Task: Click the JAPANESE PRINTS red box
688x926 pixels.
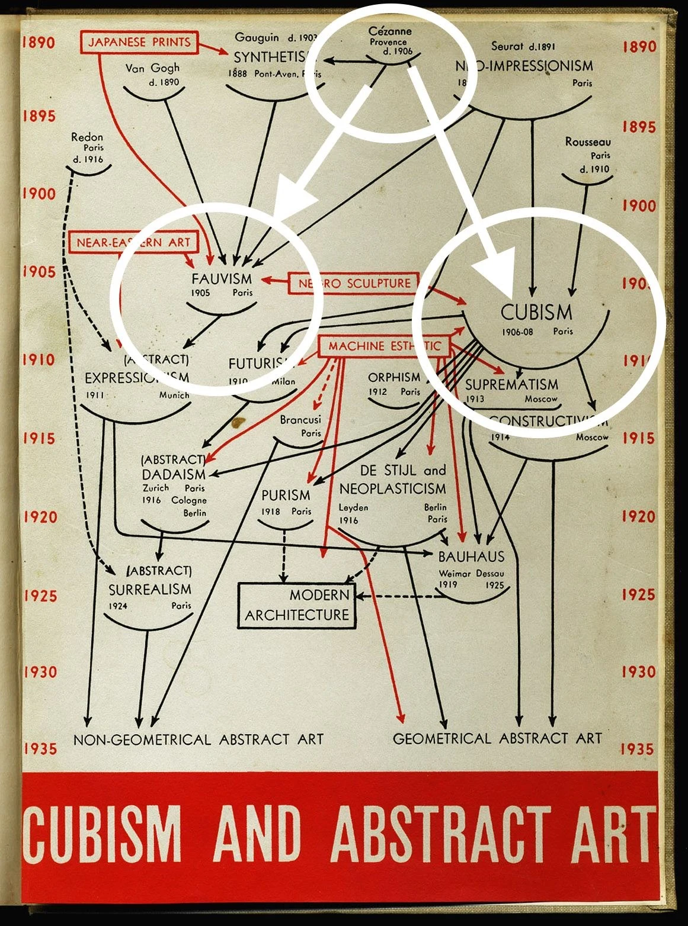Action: pyautogui.click(x=140, y=41)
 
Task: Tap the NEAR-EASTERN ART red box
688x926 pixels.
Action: pyautogui.click(x=133, y=242)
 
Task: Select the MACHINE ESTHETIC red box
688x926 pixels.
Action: pyautogui.click(x=385, y=346)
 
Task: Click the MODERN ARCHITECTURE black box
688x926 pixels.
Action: pyautogui.click(x=297, y=605)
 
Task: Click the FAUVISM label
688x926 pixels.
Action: pyautogui.click(x=222, y=278)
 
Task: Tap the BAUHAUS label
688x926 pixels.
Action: pyautogui.click(x=471, y=557)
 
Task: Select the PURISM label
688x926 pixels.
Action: pyautogui.click(x=286, y=494)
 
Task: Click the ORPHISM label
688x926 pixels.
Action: pyautogui.click(x=394, y=377)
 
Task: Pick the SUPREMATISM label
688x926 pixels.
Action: pyautogui.click(x=511, y=384)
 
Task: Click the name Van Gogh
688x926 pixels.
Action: pyautogui.click(x=152, y=68)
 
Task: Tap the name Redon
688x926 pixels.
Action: pyautogui.click(x=87, y=137)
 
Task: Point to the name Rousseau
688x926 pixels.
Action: pyautogui.click(x=587, y=142)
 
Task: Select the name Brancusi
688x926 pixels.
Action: pyautogui.click(x=300, y=420)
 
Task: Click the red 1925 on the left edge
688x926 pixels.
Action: pyautogui.click(x=40, y=596)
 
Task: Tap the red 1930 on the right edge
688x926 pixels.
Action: pyautogui.click(x=639, y=671)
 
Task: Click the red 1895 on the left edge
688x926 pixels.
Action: pyautogui.click(x=39, y=115)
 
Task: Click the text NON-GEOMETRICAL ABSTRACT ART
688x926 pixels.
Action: pyautogui.click(x=199, y=739)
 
